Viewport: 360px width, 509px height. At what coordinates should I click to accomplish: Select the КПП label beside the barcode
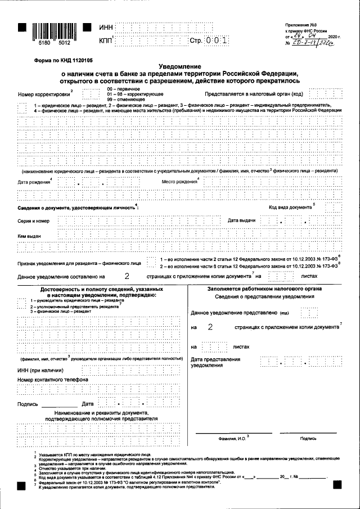[x=105, y=41]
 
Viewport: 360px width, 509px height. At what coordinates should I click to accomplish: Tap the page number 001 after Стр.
[x=216, y=41]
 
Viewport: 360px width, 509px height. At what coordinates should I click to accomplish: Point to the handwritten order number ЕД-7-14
[x=316, y=43]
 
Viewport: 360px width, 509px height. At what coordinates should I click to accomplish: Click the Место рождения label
[x=179, y=182]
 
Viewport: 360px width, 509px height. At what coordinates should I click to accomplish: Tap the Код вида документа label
[x=290, y=207]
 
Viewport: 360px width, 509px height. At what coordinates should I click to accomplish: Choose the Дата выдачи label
[x=242, y=220]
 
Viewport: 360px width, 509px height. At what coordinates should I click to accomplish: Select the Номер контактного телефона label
[x=53, y=380]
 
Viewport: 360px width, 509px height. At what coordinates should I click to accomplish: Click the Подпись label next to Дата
[x=28, y=404]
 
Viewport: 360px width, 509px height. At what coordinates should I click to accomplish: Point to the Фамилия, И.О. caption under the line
[x=231, y=438]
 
